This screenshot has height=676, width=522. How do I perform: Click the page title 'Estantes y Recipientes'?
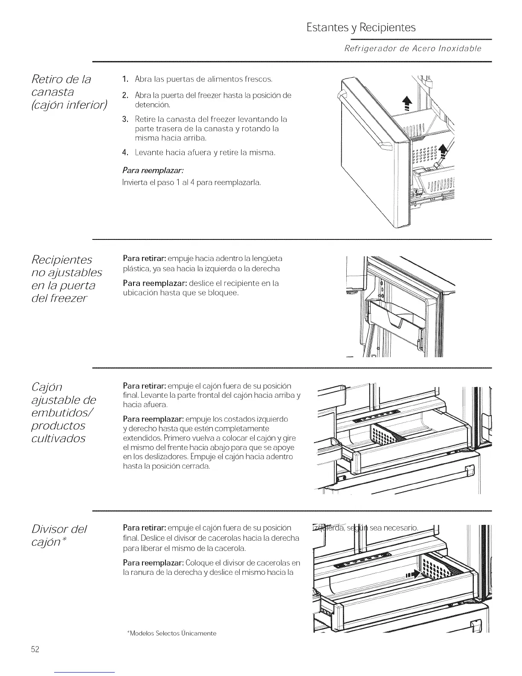(361, 28)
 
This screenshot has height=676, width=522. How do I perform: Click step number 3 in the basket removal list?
(125, 118)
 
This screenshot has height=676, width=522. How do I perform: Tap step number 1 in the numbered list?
(125, 79)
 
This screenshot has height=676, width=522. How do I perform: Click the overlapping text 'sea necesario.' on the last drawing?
(394, 527)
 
